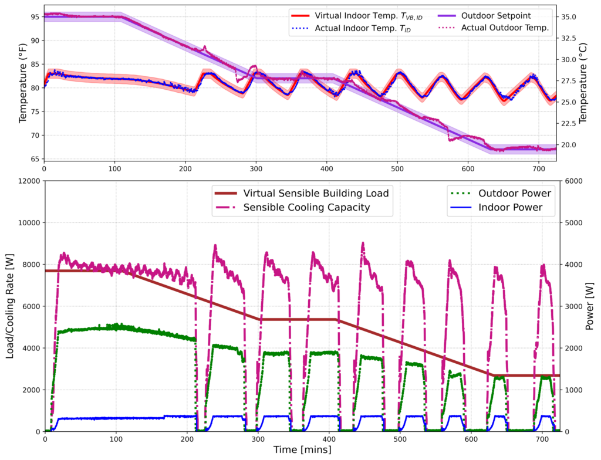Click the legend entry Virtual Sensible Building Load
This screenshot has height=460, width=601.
pyautogui.click(x=316, y=192)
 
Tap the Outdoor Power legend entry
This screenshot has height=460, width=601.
pyautogui.click(x=515, y=192)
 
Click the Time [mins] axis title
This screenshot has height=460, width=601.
pyautogui.click(x=302, y=450)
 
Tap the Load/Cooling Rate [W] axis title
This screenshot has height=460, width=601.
pyautogui.click(x=10, y=306)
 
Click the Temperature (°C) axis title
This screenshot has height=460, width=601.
pyautogui.click(x=583, y=86)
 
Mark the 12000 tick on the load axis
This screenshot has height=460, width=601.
pyautogui.click(x=27, y=181)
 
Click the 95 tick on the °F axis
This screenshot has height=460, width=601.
pyautogui.click(x=33, y=16)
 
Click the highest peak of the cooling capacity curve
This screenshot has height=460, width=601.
pyautogui.click(x=363, y=242)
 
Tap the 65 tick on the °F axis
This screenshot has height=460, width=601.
pyautogui.click(x=33, y=159)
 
